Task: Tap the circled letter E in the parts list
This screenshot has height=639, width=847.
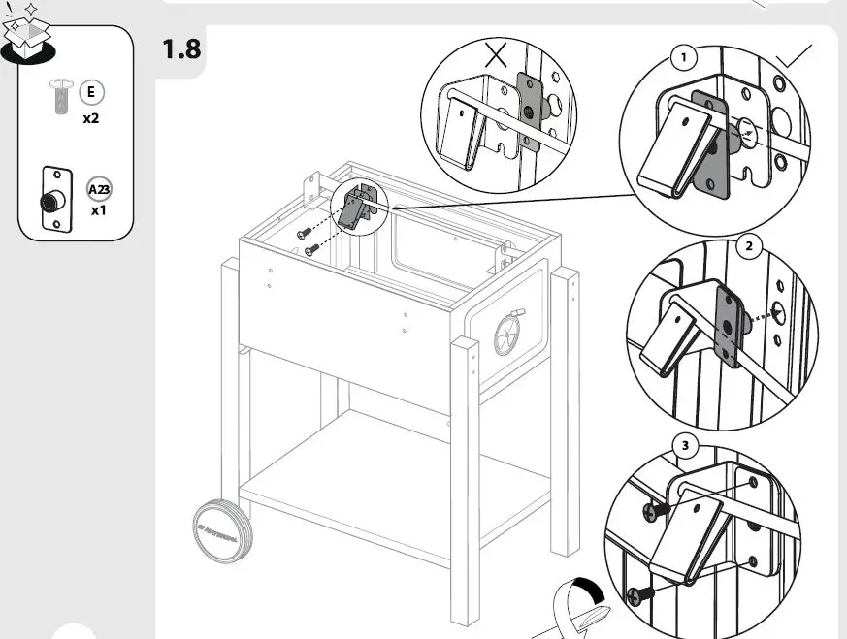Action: (x=91, y=93)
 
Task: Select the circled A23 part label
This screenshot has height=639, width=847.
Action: (x=98, y=189)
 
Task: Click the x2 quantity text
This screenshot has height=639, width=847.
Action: (x=91, y=118)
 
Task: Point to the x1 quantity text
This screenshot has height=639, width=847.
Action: (x=98, y=210)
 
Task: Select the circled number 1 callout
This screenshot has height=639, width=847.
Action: (x=684, y=57)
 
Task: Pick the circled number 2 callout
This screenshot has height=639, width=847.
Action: (x=748, y=246)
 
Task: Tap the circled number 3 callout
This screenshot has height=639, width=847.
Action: (x=685, y=446)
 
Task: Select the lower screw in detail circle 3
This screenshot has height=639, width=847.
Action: (x=635, y=593)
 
